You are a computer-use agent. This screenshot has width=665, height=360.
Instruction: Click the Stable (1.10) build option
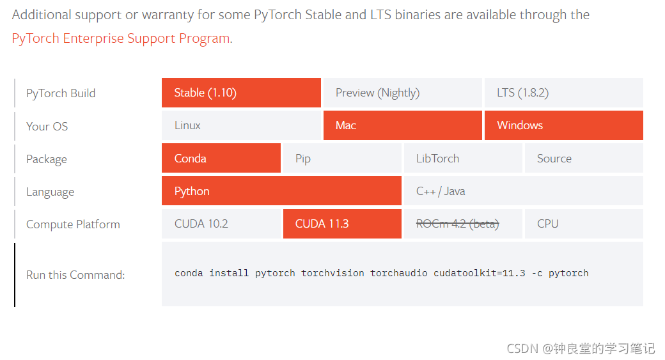pyautogui.click(x=241, y=93)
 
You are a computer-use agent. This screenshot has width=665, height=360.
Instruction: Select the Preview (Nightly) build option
pyautogui.click(x=402, y=93)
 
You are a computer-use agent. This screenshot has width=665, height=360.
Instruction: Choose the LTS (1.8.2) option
pyautogui.click(x=563, y=93)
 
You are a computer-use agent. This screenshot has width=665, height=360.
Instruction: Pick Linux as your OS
pyautogui.click(x=241, y=125)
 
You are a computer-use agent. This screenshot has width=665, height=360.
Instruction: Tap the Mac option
pyautogui.click(x=402, y=125)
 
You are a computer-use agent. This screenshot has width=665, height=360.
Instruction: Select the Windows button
pyautogui.click(x=563, y=125)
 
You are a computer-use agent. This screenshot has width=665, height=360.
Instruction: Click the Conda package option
pyautogui.click(x=221, y=158)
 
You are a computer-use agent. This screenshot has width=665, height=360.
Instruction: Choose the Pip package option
pyautogui.click(x=342, y=158)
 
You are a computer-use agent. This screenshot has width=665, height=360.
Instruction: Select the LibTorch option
pyautogui.click(x=463, y=158)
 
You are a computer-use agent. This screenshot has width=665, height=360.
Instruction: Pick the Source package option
pyautogui.click(x=584, y=158)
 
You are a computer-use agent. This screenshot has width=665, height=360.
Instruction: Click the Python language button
pyautogui.click(x=281, y=191)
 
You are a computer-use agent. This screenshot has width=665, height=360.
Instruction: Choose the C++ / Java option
pyautogui.click(x=524, y=191)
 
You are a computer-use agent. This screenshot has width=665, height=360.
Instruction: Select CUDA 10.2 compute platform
pyautogui.click(x=221, y=224)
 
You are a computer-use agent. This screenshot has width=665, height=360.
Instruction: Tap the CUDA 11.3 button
pyautogui.click(x=342, y=224)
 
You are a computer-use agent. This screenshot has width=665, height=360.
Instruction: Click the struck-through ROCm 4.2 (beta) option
pyautogui.click(x=463, y=224)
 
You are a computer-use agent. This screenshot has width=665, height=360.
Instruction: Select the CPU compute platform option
pyautogui.click(x=584, y=224)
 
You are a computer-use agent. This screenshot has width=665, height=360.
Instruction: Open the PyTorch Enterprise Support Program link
pyautogui.click(x=121, y=38)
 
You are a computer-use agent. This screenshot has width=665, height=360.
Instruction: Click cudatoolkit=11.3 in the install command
pyautogui.click(x=479, y=274)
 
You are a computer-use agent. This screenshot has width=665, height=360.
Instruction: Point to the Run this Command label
pyautogui.click(x=75, y=275)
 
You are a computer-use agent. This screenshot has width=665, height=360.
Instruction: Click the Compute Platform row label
pyautogui.click(x=73, y=224)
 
